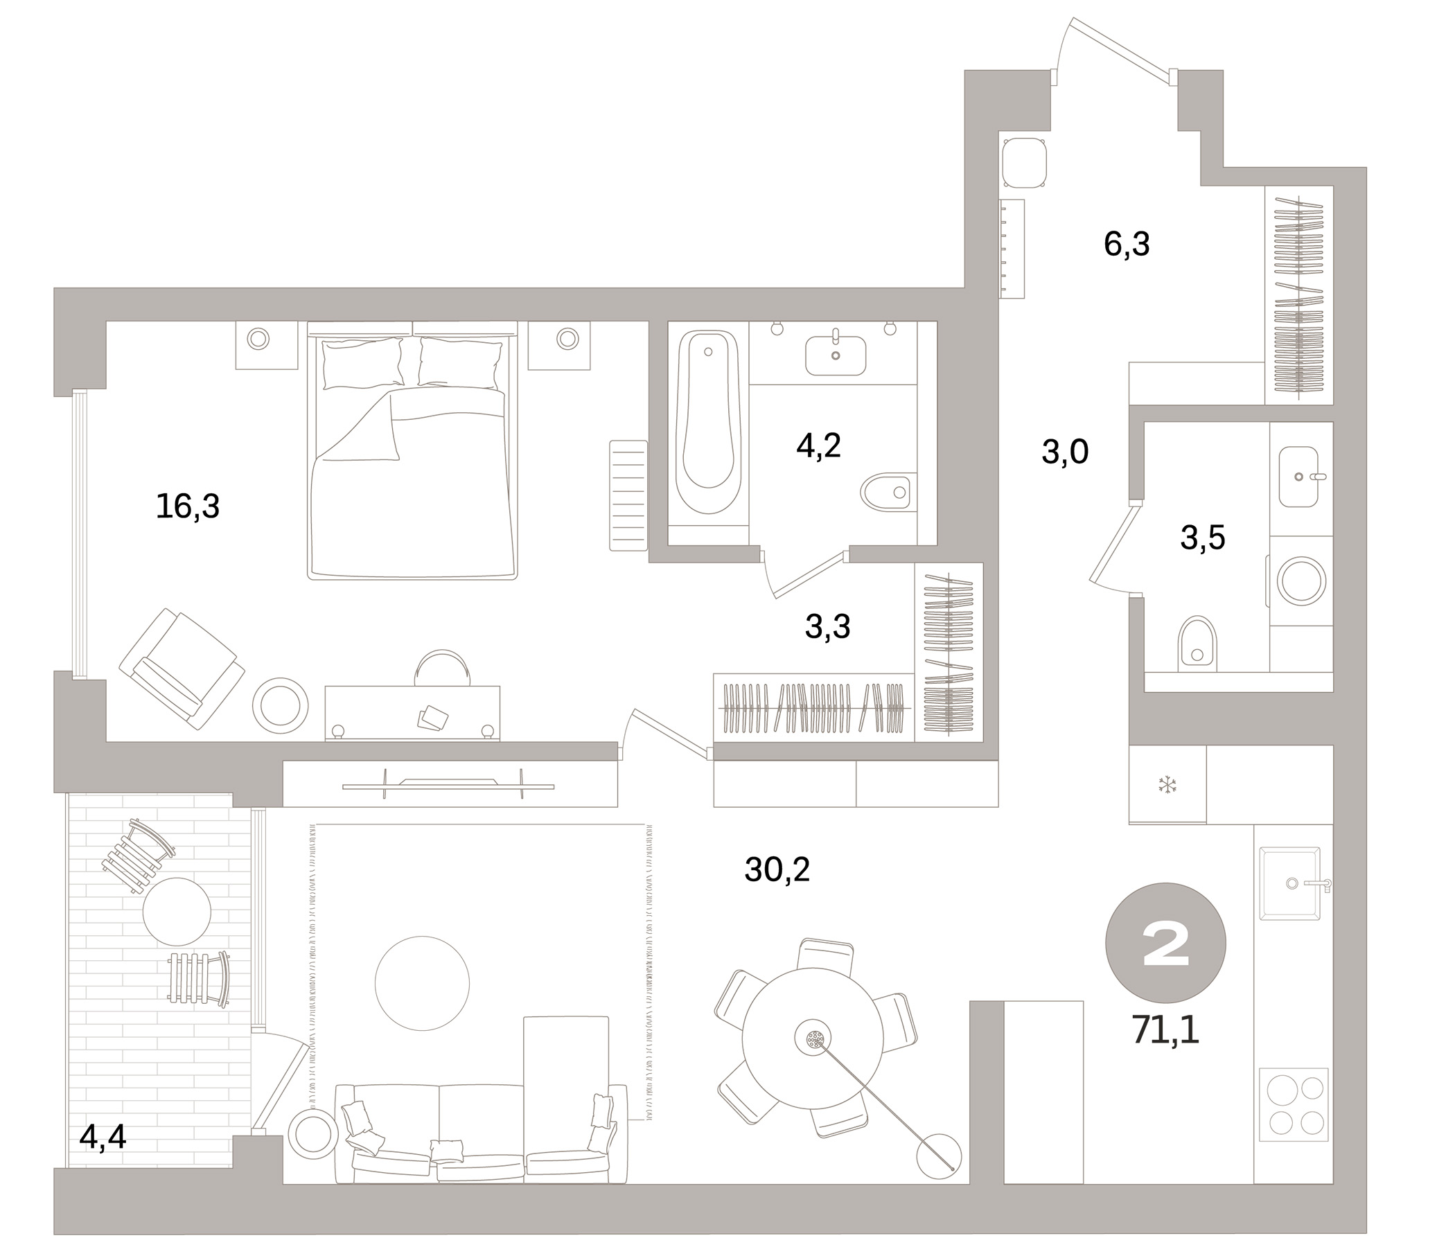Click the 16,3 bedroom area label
point(188,506)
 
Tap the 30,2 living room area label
point(777,870)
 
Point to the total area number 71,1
point(1165,1031)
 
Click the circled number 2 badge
point(1165,943)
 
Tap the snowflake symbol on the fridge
point(1167,785)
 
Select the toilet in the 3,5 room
point(1197,642)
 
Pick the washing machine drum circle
point(1301,581)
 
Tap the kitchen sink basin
point(1289,883)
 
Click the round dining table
point(813,1038)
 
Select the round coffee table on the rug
point(421,983)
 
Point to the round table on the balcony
point(176,912)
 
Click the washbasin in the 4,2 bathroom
point(835,355)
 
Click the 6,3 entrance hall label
point(1127,245)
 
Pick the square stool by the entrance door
point(1025,163)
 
